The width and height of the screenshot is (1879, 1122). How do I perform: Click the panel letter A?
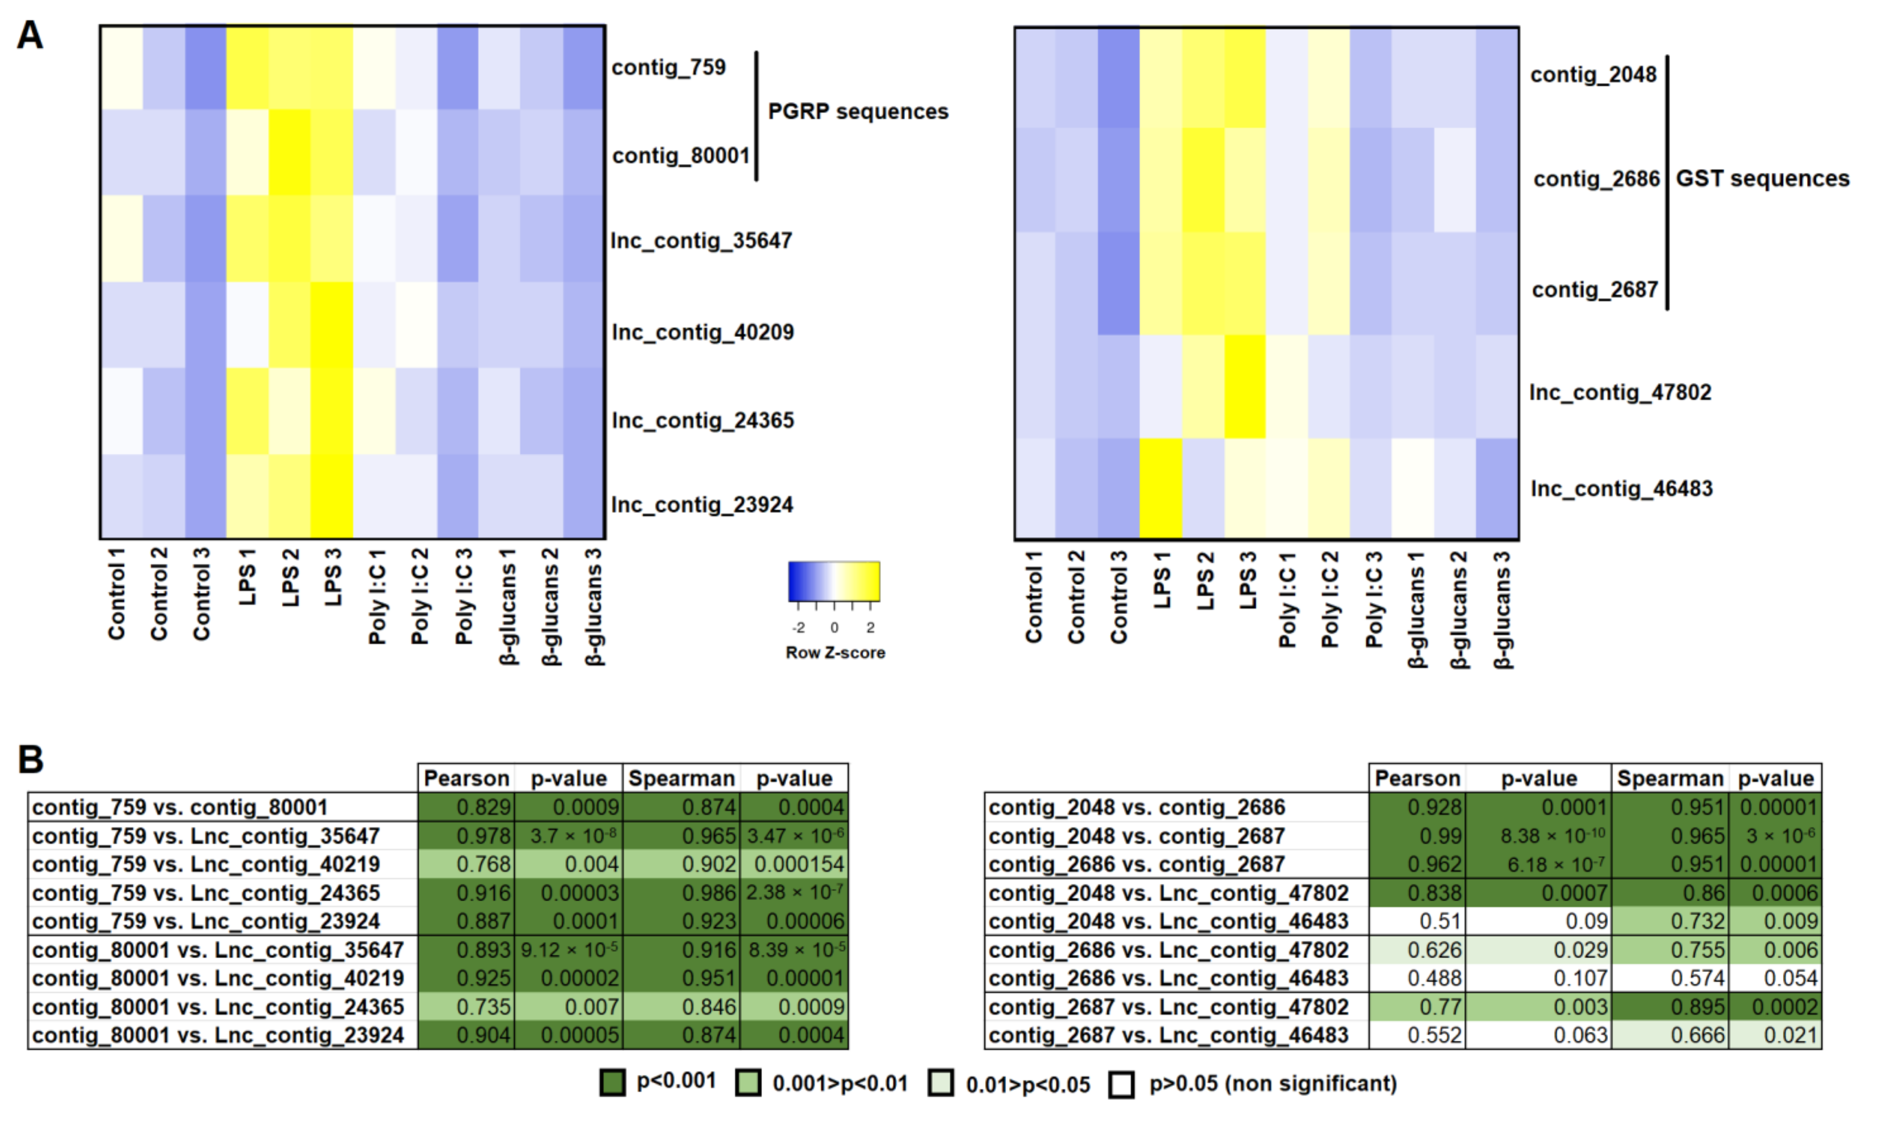[x=30, y=35]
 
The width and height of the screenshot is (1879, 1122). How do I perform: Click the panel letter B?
[x=30, y=760]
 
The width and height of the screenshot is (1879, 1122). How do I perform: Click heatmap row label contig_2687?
[x=1595, y=289]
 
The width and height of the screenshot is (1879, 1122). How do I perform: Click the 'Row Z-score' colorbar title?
[x=835, y=653]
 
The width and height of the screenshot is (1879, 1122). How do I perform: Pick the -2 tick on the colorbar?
[x=798, y=627]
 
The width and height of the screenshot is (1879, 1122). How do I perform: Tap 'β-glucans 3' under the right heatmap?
[x=1503, y=609]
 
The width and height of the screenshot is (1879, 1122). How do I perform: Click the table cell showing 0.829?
[x=466, y=807]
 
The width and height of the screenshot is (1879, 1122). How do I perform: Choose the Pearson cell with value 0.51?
[x=1417, y=921]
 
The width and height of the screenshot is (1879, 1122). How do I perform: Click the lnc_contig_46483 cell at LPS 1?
[x=1160, y=488]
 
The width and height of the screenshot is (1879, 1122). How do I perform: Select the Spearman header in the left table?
[x=681, y=778]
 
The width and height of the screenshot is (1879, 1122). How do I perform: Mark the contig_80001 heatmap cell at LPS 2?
[x=289, y=153]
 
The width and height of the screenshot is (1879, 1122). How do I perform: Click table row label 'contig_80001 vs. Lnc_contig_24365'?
[x=218, y=1006]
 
